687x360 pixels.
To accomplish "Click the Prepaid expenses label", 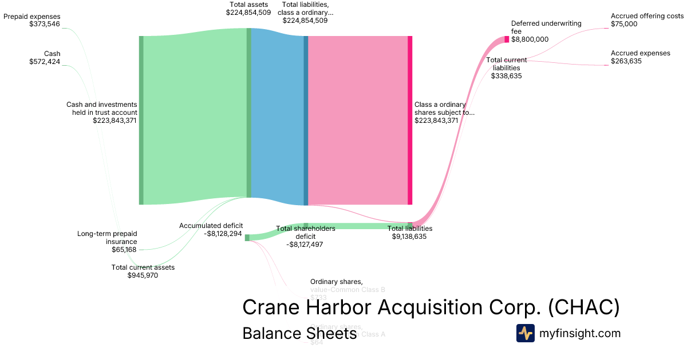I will (31, 21).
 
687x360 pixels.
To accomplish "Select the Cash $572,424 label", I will (45, 58).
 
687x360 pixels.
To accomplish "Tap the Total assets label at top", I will (248, 9).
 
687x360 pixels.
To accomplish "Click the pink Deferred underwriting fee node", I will (507, 39).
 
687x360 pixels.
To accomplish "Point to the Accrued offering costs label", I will (647, 20).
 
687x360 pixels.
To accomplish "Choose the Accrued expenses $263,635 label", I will (640, 57).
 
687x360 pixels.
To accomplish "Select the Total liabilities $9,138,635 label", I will (409, 232).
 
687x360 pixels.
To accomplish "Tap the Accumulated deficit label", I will (210, 229).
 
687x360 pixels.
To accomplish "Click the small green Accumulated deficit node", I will (247, 238).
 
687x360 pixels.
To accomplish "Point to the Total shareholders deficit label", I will (305, 236).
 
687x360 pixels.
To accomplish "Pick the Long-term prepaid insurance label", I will (107, 241).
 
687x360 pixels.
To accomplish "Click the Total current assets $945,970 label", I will (143, 271).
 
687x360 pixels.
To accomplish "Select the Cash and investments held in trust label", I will (101, 113).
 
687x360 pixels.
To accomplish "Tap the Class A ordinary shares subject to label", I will (444, 113).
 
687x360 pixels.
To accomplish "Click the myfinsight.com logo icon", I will (525, 333).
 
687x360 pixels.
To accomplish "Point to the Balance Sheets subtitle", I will (299, 333).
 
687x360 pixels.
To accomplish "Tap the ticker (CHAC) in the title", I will (583, 307).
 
